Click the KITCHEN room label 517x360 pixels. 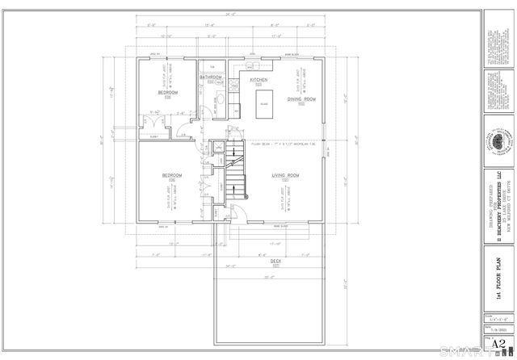click(x=258, y=81)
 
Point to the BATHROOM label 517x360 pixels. click(x=212, y=77)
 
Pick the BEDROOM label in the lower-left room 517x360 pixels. click(x=172, y=174)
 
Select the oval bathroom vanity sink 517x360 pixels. click(x=224, y=94)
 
